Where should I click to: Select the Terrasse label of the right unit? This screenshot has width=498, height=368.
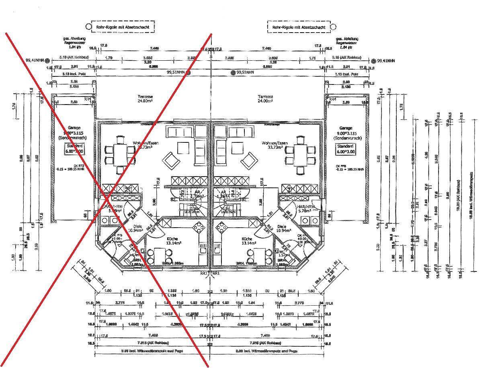pos(266,97)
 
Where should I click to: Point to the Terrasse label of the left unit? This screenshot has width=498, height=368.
pos(145,97)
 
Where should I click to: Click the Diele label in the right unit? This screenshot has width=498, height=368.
pos(282,227)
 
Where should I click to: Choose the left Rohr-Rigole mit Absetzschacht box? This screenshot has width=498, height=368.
pos(122,27)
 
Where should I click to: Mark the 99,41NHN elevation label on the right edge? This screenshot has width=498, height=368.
pos(386,61)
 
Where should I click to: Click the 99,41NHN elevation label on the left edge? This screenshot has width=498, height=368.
pos(35,60)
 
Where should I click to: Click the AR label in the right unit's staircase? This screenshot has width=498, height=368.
pos(221,192)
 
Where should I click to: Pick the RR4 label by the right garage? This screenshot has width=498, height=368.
pos(332,99)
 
